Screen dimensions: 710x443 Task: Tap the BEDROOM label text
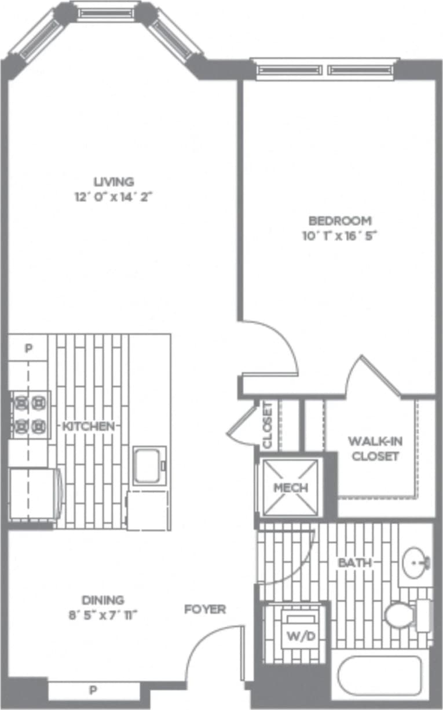[x=339, y=221]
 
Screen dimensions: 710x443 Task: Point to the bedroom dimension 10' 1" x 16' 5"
[x=339, y=236]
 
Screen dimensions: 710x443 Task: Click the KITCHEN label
[x=88, y=426]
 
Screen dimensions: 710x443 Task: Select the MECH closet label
[x=290, y=488]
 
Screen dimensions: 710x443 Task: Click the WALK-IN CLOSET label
[x=375, y=448]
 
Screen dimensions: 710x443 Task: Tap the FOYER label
[x=205, y=609]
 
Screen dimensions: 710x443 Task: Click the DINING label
[x=102, y=600]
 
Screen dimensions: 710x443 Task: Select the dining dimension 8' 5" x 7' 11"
[x=102, y=614]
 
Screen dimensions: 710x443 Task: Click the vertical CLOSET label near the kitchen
[x=268, y=425]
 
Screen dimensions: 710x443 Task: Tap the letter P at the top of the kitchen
[x=28, y=348]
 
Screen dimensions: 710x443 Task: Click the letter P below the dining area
[x=92, y=690]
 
